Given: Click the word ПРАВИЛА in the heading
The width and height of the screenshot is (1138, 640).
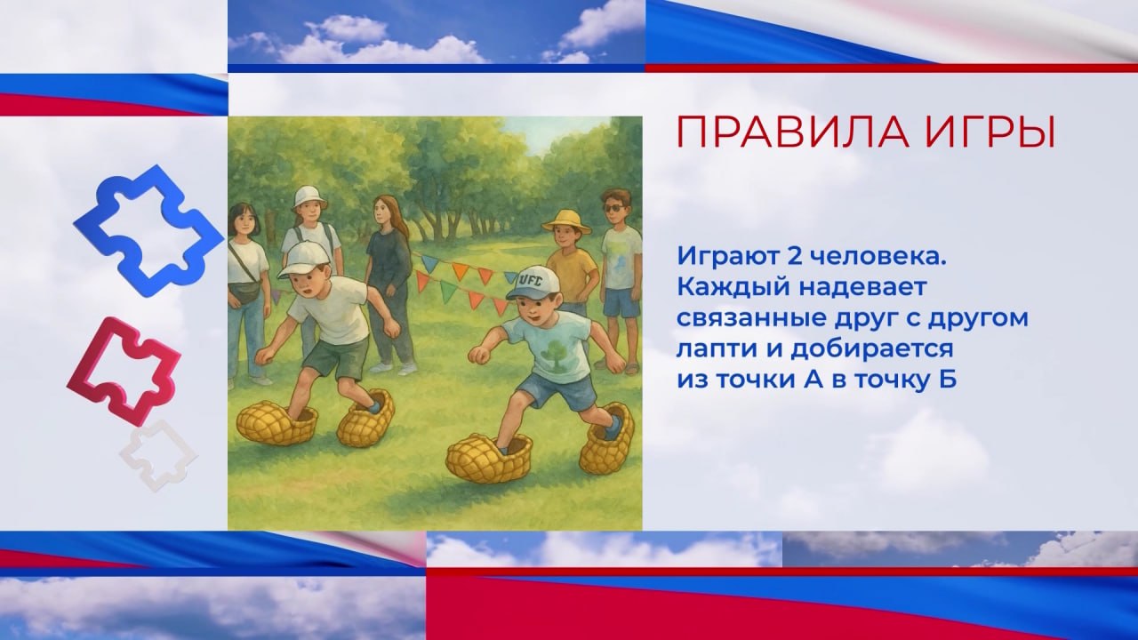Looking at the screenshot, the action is [x=794, y=132].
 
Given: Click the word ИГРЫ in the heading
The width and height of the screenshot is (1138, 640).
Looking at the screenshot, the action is [x=990, y=132].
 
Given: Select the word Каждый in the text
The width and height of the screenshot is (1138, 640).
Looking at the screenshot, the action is [x=734, y=287].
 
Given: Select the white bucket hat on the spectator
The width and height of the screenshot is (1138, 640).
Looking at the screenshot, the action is [x=309, y=196].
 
